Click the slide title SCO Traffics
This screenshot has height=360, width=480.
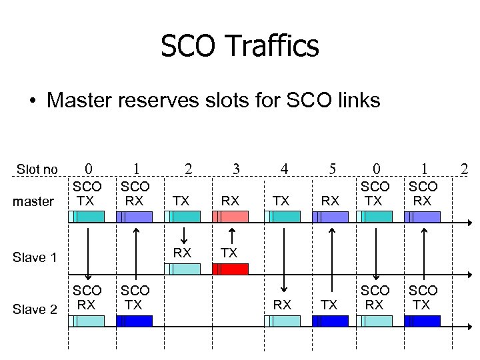[240, 47]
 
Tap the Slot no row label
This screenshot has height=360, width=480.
[37, 169]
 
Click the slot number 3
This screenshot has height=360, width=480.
[235, 169]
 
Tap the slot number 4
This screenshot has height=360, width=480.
[284, 169]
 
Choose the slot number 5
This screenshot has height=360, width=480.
[331, 169]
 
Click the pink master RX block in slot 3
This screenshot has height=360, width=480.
[230, 216]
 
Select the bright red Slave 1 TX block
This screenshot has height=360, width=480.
[230, 269]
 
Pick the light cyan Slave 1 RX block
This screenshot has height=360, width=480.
[182, 269]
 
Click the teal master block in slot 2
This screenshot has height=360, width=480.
[182, 216]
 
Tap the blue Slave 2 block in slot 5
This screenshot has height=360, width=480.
[331, 321]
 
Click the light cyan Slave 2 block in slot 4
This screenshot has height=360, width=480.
[283, 321]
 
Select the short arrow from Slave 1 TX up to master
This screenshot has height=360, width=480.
[231, 237]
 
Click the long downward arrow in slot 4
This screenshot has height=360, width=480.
[285, 257]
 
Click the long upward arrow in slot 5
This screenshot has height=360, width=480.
[331, 257]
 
